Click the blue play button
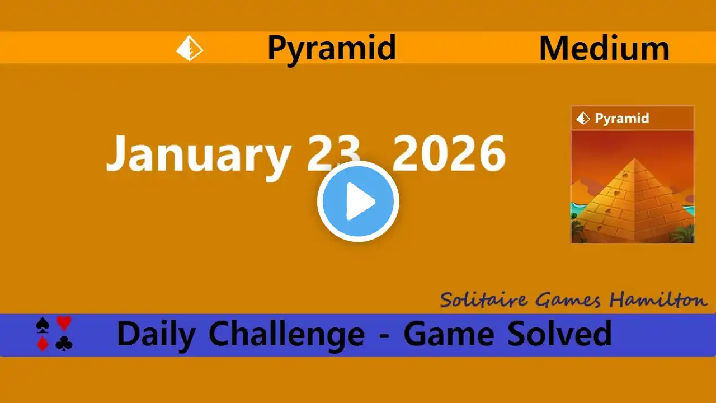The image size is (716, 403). point(358,201)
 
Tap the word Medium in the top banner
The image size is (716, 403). point(604,48)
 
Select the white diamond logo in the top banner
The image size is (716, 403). point(190,48)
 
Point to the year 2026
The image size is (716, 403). point(449,153)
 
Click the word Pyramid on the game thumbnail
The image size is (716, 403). point(621,119)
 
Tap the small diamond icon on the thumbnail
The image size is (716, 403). point(583,118)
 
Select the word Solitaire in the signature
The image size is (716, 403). point(484,300)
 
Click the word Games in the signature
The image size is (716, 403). point(568,300)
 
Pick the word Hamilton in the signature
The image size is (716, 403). point(658,299)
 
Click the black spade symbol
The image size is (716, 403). point(43,324)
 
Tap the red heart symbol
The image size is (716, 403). point(64,323)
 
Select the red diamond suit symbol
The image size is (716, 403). point(43,344)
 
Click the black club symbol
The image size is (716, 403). point(64,344)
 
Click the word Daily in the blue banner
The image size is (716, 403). point(157,334)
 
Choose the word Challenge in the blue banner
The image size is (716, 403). point(286,334)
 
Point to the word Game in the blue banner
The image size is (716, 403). point(449,334)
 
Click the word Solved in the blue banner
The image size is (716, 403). point(559,333)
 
